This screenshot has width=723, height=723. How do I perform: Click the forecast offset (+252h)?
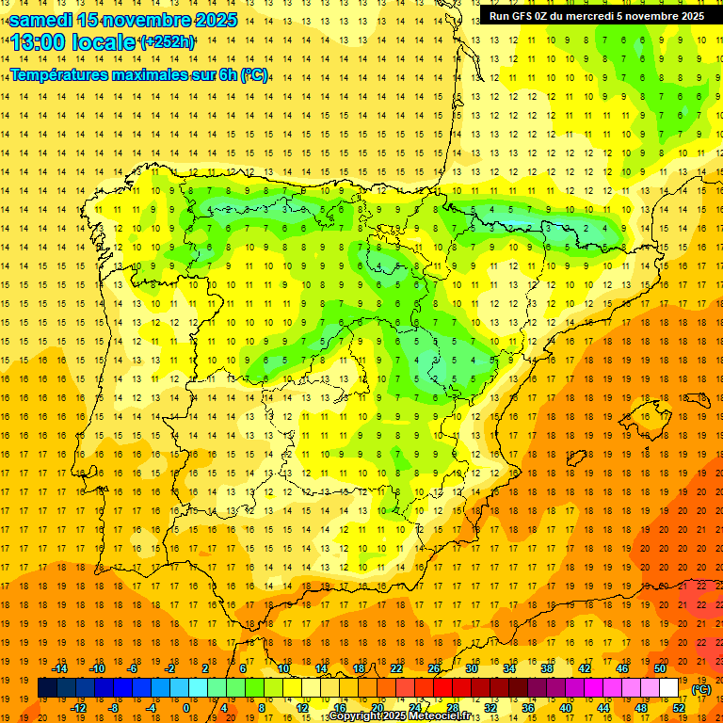[x=167, y=42]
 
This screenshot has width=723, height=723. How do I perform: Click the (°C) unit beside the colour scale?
[x=701, y=689]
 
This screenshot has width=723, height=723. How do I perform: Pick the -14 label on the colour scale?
[x=60, y=668]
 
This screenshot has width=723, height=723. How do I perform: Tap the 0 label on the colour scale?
[x=186, y=708]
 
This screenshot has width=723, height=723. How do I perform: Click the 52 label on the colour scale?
[x=679, y=708]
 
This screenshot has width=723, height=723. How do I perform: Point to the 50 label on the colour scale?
[x=660, y=668]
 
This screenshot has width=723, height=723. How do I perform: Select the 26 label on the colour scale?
[x=435, y=668]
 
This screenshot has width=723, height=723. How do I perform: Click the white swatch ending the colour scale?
[x=669, y=688]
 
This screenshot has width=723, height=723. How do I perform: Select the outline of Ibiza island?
[x=576, y=458]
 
